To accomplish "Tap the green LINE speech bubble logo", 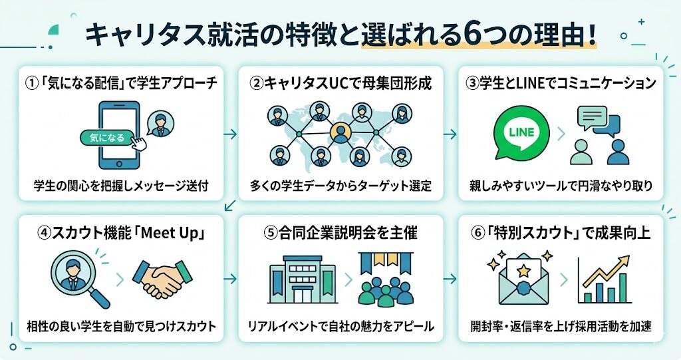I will point(523,133).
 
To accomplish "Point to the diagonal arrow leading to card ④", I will point(230,205).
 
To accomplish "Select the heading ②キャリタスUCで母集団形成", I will point(340,85).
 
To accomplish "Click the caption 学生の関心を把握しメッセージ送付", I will point(120,185).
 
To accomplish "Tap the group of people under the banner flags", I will point(385,289).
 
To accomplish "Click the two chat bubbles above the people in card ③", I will point(598,121).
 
